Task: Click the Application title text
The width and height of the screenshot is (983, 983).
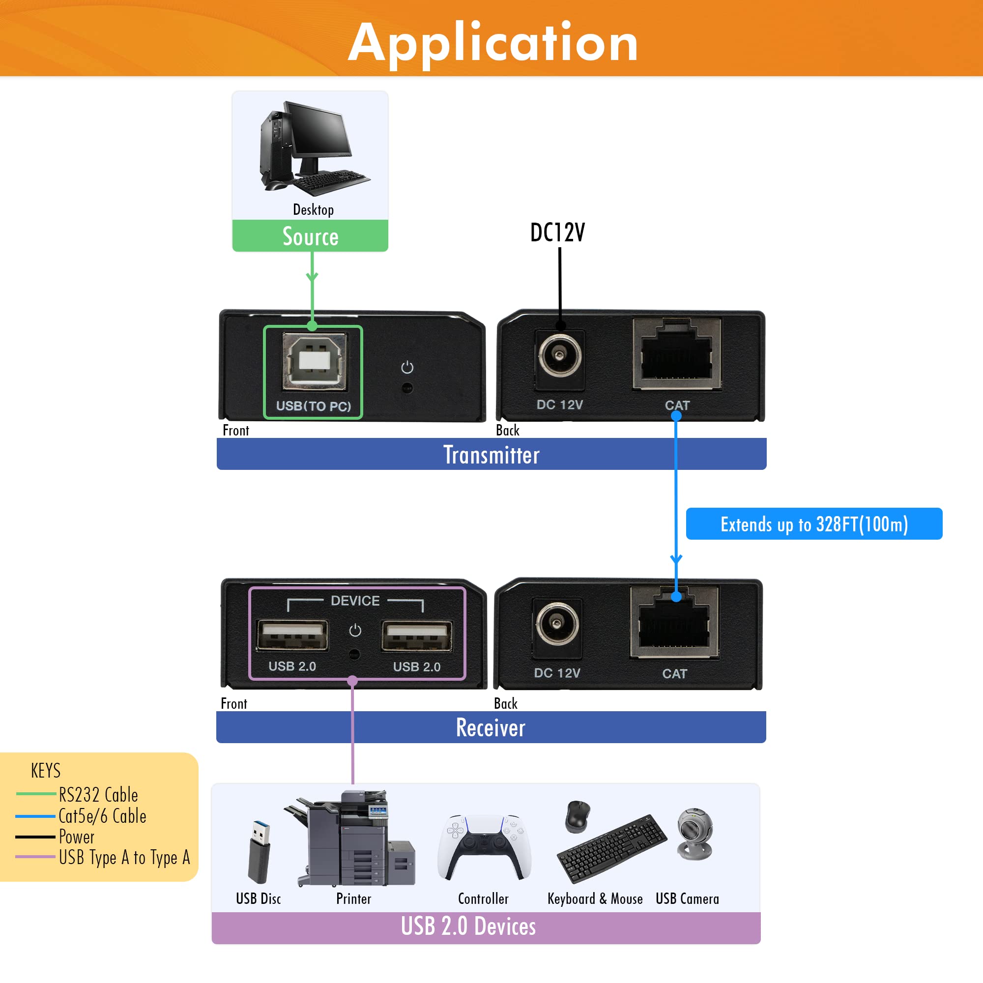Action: click(x=492, y=43)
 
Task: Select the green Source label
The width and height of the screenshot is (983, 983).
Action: click(x=310, y=236)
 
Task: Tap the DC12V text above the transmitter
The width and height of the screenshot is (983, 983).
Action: click(x=557, y=232)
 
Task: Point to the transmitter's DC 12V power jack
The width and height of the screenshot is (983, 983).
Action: click(x=559, y=355)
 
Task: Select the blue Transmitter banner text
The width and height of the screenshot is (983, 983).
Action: click(x=491, y=454)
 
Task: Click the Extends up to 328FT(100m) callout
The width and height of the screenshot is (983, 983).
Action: click(x=813, y=523)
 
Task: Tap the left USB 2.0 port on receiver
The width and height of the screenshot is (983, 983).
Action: click(x=292, y=635)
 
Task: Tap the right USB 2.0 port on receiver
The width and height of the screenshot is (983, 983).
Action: click(x=417, y=636)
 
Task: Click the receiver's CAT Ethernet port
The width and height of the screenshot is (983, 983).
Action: click(x=674, y=623)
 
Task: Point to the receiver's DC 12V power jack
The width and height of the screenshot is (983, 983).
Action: click(x=557, y=624)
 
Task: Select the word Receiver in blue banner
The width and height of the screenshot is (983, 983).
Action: click(x=491, y=727)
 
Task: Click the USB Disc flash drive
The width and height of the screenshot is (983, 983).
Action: click(x=259, y=852)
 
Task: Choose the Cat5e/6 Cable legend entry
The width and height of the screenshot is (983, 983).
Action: click(x=102, y=816)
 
